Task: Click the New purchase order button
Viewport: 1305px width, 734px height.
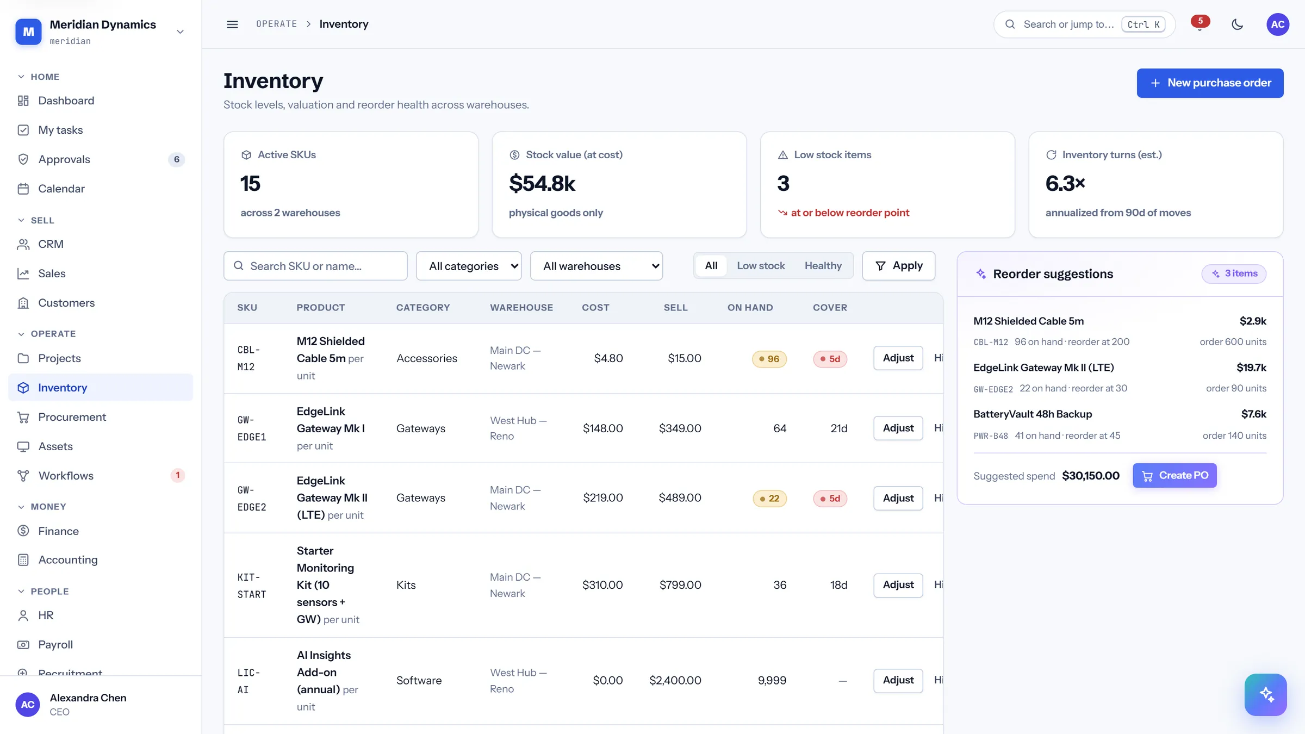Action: (1210, 83)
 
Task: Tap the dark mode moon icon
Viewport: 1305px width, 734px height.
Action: (1237, 24)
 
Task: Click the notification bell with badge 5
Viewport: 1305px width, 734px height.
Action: (1200, 24)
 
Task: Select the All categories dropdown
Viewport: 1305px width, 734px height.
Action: (469, 266)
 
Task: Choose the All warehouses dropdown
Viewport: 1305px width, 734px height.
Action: (596, 266)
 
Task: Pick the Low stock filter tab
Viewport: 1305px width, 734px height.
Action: (761, 266)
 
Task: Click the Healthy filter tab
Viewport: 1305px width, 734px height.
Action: (823, 266)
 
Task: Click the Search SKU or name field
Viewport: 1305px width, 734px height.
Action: (315, 266)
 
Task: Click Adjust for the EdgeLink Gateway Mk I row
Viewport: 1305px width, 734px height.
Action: (898, 428)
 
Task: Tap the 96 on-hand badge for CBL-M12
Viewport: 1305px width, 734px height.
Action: (769, 359)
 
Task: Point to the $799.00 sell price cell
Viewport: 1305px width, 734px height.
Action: (680, 585)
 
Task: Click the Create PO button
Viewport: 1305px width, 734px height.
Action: (1174, 476)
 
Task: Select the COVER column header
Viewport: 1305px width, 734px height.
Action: (830, 308)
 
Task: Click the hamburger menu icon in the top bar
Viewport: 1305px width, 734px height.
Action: (232, 24)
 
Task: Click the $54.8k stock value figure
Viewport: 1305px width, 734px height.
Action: (542, 183)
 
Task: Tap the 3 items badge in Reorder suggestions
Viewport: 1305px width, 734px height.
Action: (1234, 273)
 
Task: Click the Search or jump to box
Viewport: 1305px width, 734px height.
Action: (1084, 24)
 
